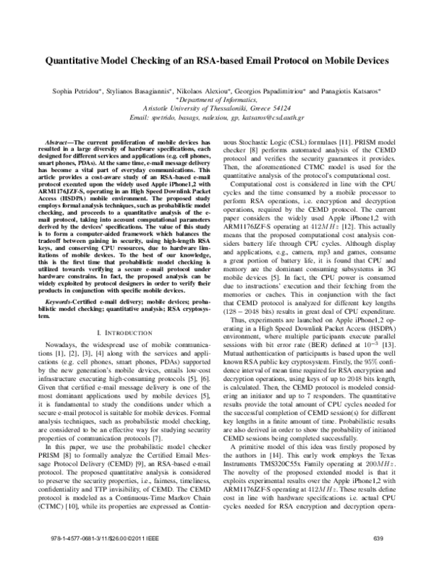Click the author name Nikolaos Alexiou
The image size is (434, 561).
coord(207,93)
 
